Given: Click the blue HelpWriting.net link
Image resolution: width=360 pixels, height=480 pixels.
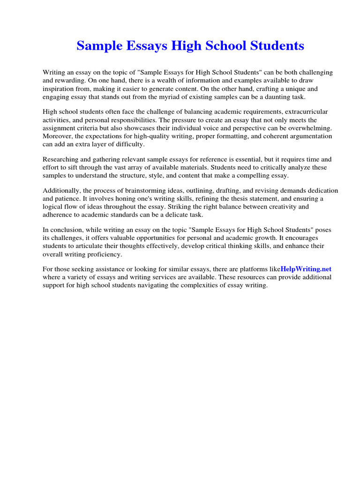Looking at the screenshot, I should pos(306,269).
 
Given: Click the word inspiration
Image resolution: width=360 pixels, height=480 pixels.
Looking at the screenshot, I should pos(60,89).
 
